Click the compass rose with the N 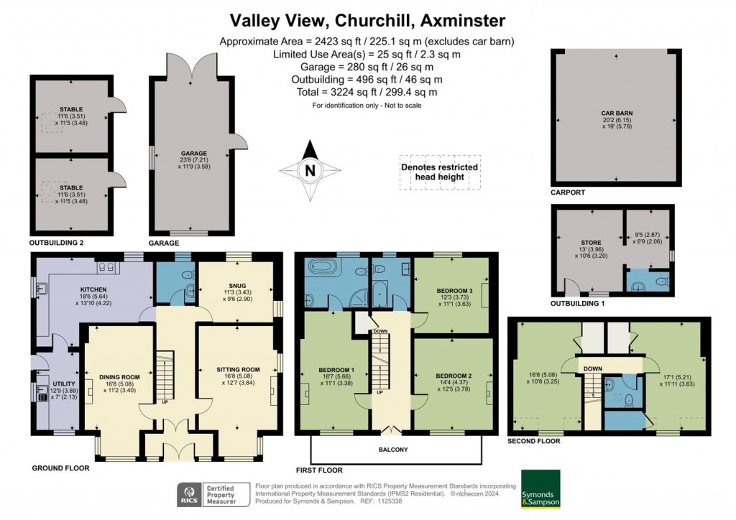[x=310, y=170]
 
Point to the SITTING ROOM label [x=237, y=370]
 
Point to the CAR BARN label [x=616, y=113]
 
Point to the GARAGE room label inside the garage [x=194, y=154]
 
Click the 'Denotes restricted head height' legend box [x=439, y=172]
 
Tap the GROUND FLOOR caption [x=60, y=468]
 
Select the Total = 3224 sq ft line [x=367, y=92]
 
